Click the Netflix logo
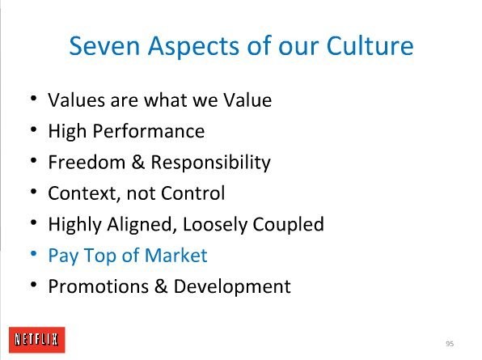click(x=37, y=340)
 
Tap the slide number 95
click(x=450, y=343)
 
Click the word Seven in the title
click(x=104, y=46)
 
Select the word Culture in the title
click(x=370, y=46)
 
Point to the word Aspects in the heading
click(x=193, y=47)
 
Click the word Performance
click(x=149, y=131)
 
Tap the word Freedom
click(x=87, y=162)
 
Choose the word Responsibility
click(x=210, y=163)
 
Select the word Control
click(x=193, y=193)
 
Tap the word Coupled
click(x=289, y=224)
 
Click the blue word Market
click(x=175, y=255)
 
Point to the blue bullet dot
click(x=33, y=254)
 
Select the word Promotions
click(x=99, y=286)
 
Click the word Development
click(x=232, y=286)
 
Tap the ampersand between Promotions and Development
click(x=161, y=286)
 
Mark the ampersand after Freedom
click(x=138, y=162)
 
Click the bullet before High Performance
click(x=33, y=129)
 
